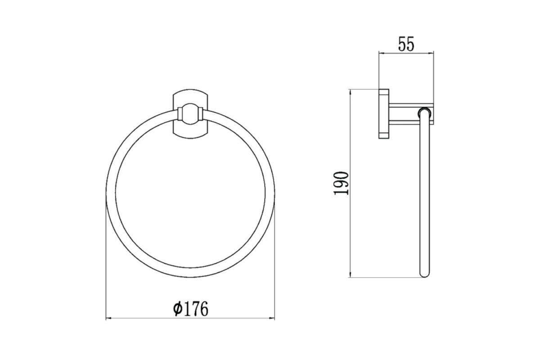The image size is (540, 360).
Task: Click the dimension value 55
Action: click(x=406, y=44)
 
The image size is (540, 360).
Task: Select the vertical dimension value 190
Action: click(x=341, y=183)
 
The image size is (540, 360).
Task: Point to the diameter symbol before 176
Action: click(x=178, y=309)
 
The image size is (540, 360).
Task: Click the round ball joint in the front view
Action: click(x=190, y=114)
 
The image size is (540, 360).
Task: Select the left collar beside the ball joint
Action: click(x=180, y=114)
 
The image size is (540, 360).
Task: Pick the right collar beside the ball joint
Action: click(x=201, y=114)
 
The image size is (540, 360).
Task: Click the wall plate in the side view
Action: click(x=384, y=114)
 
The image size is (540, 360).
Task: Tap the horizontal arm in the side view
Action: click(x=411, y=114)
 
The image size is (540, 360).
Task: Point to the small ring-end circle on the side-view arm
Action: click(x=424, y=112)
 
